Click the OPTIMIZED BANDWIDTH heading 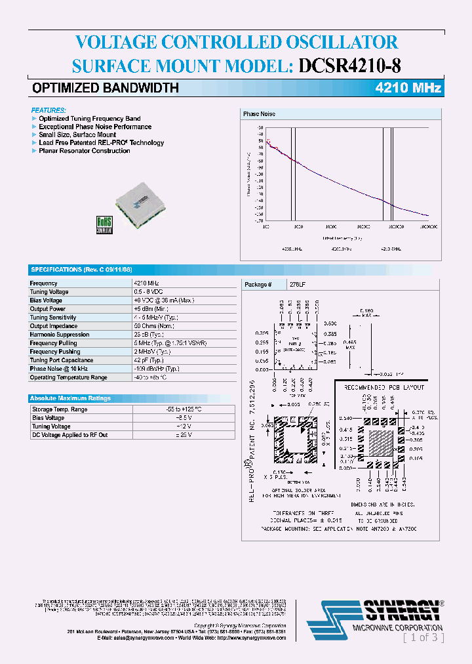coord(105,88)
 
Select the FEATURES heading coord(49,110)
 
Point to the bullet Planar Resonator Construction coord(84,151)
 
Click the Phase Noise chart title coord(259,114)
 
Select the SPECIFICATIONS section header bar coord(81,270)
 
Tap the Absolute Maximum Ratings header coord(71,398)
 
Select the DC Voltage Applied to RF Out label coord(70,435)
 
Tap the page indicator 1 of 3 coord(423,637)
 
